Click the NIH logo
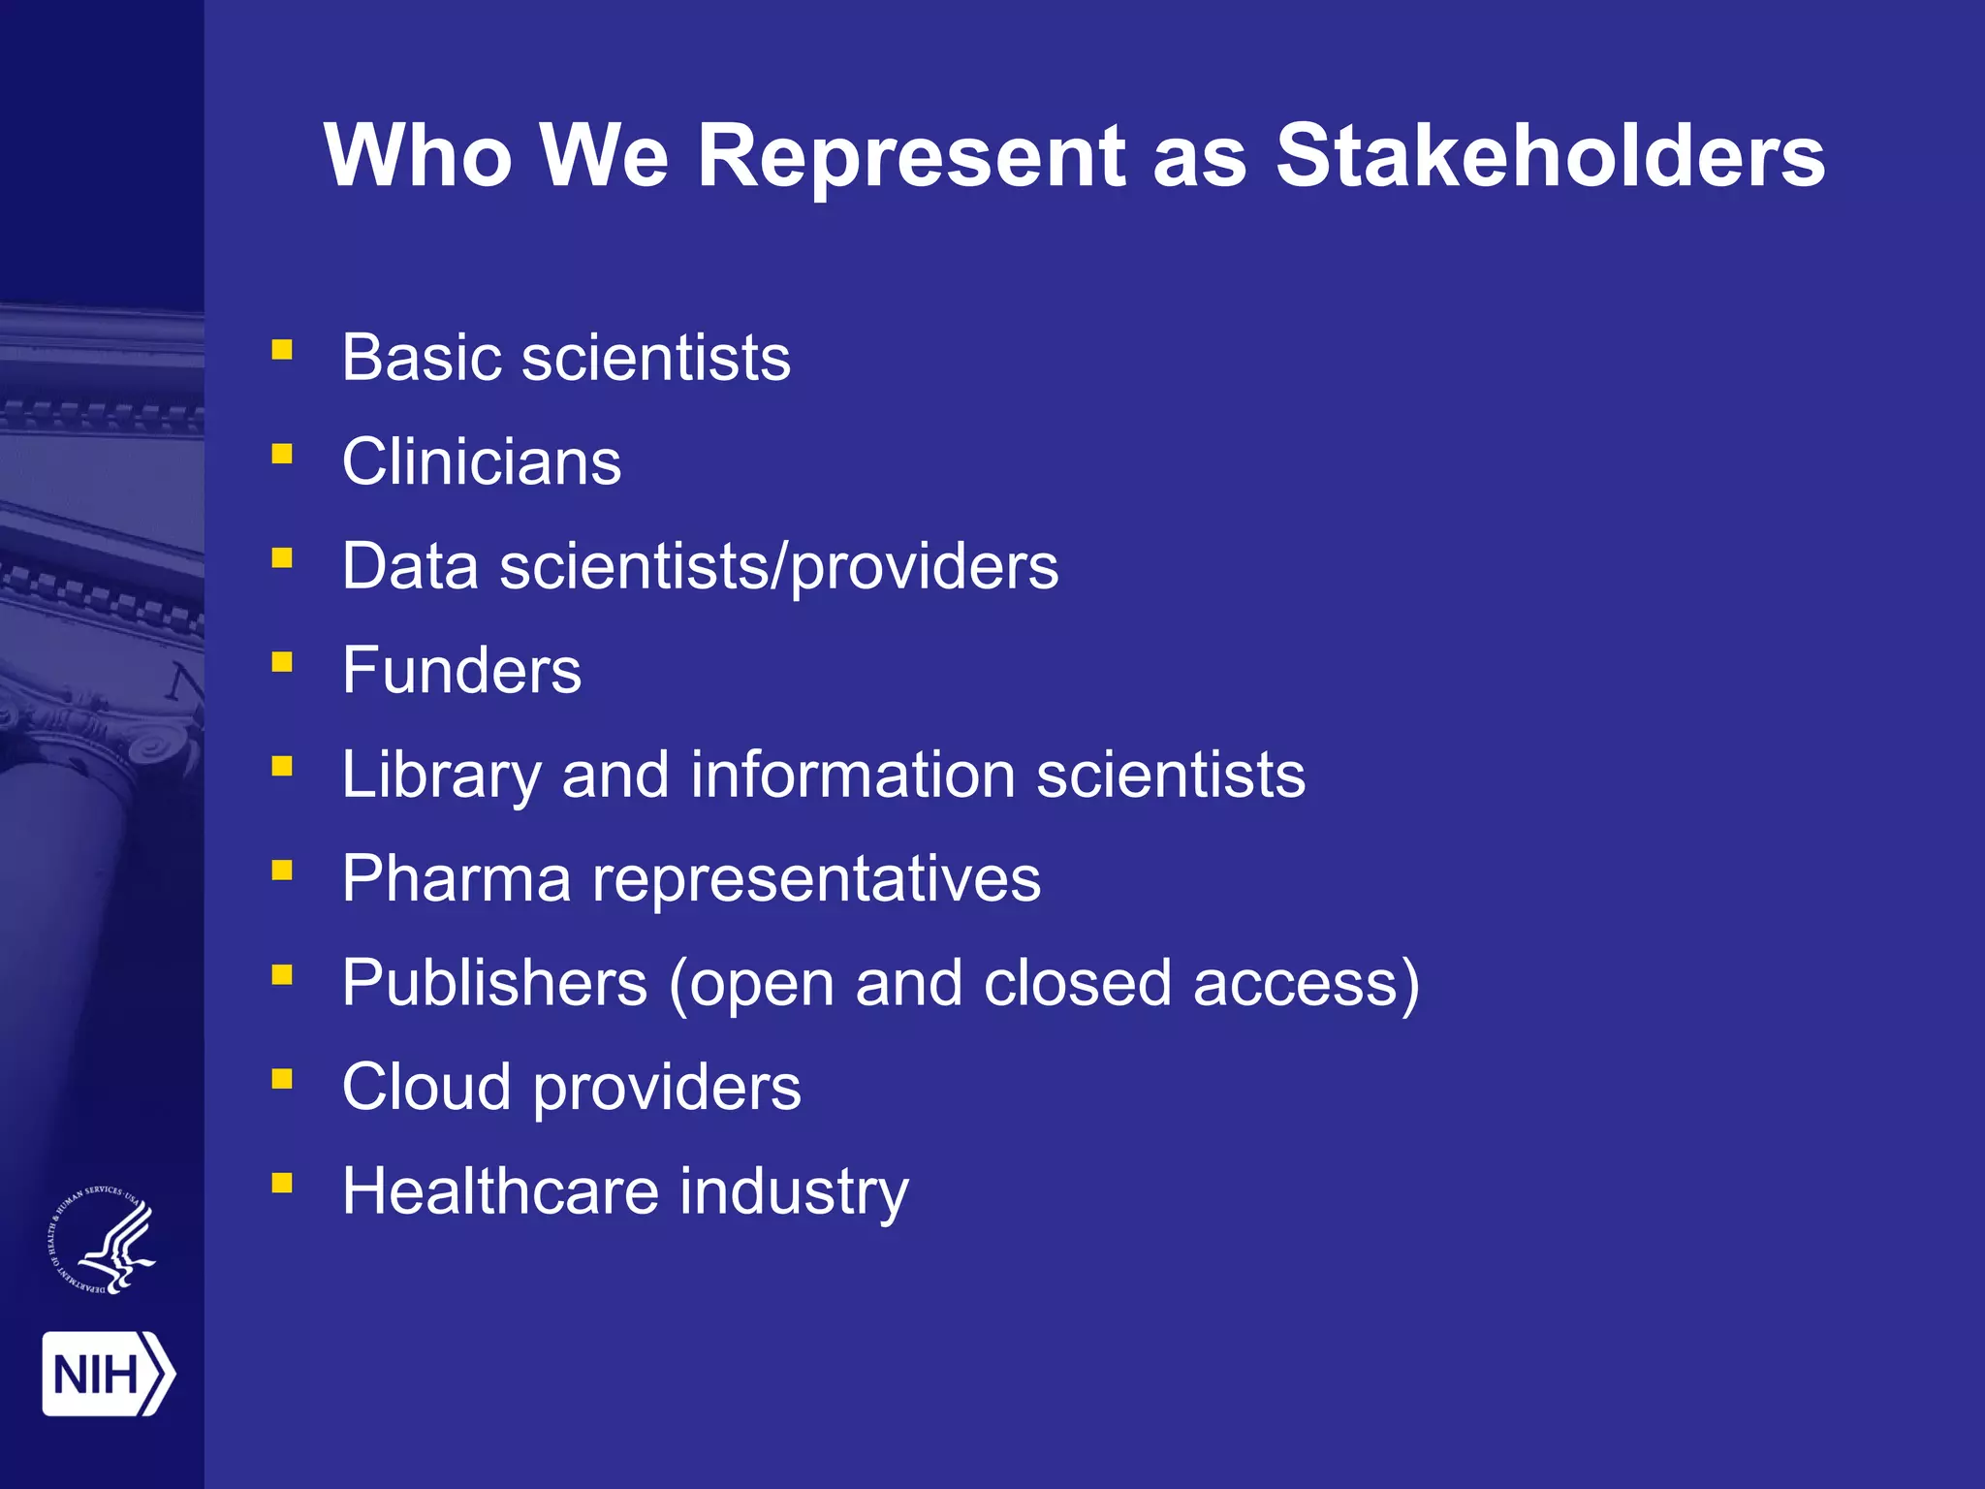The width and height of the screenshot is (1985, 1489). (108, 1374)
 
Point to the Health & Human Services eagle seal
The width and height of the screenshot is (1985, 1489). (103, 1240)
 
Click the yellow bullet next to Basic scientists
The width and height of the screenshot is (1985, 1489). (282, 350)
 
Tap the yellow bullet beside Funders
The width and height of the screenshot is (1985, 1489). (282, 662)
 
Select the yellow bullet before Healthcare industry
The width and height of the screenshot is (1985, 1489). (282, 1183)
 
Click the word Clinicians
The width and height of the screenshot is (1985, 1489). (482, 461)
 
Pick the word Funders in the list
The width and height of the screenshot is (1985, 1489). (461, 670)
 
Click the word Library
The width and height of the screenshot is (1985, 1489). (441, 776)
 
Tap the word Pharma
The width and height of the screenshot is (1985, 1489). (457, 878)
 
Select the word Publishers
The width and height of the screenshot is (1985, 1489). (494, 983)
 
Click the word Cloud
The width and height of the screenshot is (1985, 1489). (426, 1087)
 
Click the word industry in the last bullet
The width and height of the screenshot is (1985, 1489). (794, 1192)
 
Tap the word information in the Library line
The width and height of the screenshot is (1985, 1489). (853, 775)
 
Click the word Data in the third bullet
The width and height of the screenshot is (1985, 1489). (410, 566)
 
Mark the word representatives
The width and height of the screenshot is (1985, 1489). (816, 879)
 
